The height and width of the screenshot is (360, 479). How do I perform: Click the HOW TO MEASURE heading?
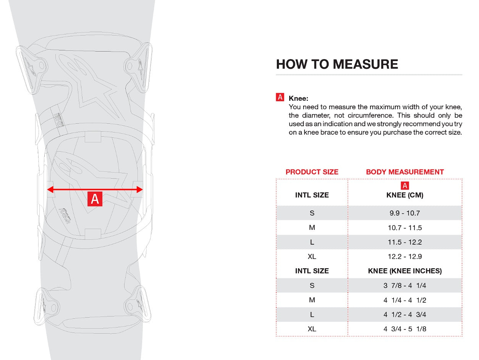pos(337,64)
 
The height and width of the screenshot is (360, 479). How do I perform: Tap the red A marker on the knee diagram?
pos(95,199)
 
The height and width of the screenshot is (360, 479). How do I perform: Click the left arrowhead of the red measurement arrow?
pos(50,189)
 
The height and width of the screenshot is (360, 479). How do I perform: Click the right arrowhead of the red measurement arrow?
pos(139,189)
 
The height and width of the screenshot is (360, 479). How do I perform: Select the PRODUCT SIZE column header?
pos(312,172)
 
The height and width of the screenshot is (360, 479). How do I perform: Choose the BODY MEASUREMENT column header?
pos(405,172)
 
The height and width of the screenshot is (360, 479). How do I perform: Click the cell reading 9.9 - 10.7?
pos(405,213)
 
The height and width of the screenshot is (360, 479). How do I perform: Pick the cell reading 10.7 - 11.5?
pos(405,228)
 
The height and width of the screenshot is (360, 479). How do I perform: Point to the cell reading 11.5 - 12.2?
pos(405,242)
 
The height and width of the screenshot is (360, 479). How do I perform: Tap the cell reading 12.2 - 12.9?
pos(405,257)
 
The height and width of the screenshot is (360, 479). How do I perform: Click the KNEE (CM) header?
pos(405,195)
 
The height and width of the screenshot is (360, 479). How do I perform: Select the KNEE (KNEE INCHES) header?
pos(405,271)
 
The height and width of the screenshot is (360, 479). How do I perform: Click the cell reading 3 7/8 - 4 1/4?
pos(405,286)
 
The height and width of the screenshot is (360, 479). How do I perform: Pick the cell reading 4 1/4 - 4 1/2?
pos(405,300)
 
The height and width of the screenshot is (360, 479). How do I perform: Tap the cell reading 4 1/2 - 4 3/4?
pos(405,315)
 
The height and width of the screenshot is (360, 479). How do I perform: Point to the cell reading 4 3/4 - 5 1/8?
pos(405,329)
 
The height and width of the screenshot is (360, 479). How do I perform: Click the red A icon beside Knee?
pos(280,97)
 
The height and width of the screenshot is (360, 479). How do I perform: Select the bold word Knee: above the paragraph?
pos(299,98)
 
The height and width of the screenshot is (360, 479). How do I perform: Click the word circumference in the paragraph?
pos(382,115)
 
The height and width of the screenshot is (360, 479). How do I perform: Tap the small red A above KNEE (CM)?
pos(405,186)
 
